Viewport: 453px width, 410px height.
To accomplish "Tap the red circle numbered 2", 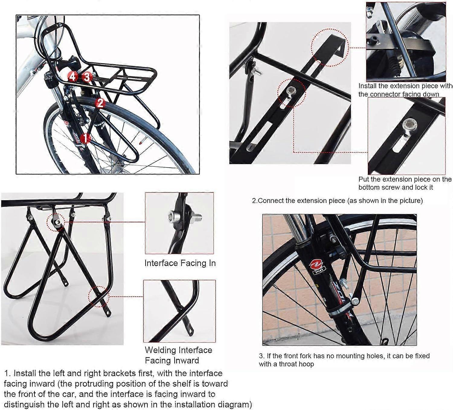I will coord(100,103).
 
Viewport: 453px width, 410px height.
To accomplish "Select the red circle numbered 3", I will coord(87,77).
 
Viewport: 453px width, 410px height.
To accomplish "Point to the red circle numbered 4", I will coord(72,77).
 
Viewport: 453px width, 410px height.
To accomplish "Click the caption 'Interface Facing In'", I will coord(180,263).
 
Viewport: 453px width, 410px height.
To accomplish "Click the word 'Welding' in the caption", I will coord(162,350).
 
